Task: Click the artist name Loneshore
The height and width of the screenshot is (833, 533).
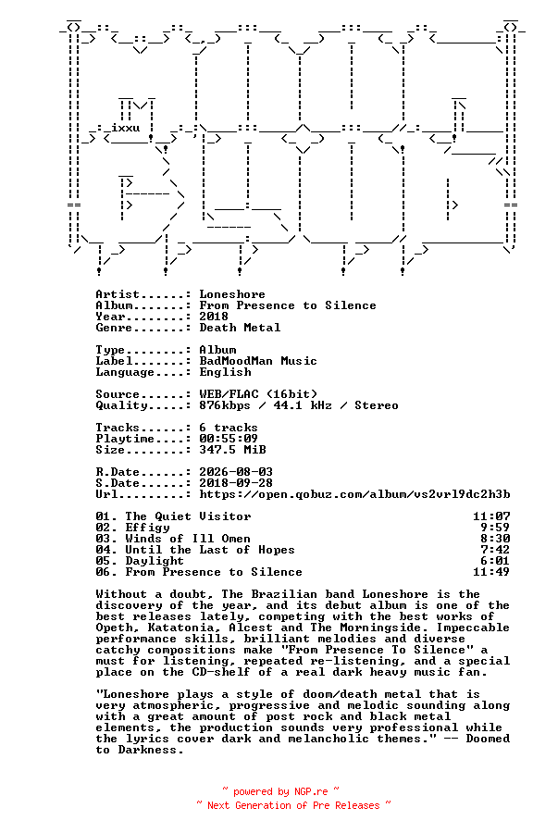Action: (232, 294)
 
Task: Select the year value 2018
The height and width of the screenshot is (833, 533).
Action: (214, 317)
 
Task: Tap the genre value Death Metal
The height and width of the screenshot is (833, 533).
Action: (240, 328)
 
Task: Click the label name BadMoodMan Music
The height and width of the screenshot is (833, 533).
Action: (258, 361)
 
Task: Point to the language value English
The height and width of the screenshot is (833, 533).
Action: (225, 372)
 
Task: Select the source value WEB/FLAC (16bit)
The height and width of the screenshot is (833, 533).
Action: (258, 394)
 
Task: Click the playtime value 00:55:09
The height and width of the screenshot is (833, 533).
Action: (229, 439)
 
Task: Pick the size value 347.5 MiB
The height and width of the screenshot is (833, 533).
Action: (232, 450)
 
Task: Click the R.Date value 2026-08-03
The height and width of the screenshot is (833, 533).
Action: (236, 472)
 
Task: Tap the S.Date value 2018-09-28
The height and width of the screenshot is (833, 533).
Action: (236, 483)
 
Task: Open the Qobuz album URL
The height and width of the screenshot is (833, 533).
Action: (354, 494)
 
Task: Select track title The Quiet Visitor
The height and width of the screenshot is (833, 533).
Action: (188, 516)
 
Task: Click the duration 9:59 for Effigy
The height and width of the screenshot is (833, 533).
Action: (495, 528)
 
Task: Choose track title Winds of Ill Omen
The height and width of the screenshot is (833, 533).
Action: (188, 540)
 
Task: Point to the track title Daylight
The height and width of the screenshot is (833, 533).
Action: (155, 562)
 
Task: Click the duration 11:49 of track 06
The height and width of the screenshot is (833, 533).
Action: (491, 573)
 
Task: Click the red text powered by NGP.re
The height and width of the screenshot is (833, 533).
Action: (280, 792)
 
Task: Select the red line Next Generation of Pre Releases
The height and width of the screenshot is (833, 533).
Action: (293, 806)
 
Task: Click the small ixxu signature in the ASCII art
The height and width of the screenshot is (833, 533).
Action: (126, 128)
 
